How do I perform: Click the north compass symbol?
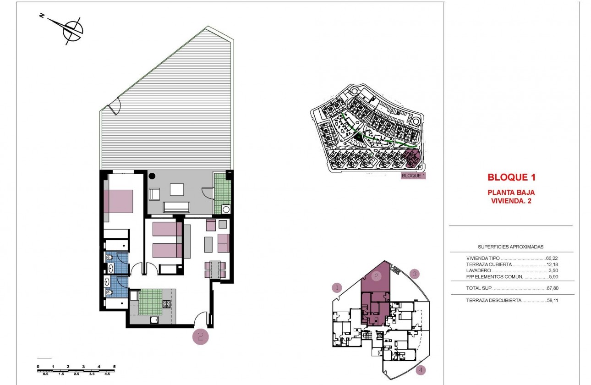[72, 30]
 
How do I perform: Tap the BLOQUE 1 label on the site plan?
[413, 176]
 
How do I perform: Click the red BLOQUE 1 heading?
[511, 177]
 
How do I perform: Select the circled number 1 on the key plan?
[337, 288]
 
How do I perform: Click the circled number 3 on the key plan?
[414, 274]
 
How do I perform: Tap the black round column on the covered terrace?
[152, 175]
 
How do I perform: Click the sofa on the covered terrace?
[177, 207]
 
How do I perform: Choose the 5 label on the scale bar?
[114, 366]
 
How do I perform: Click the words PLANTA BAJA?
[511, 192]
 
